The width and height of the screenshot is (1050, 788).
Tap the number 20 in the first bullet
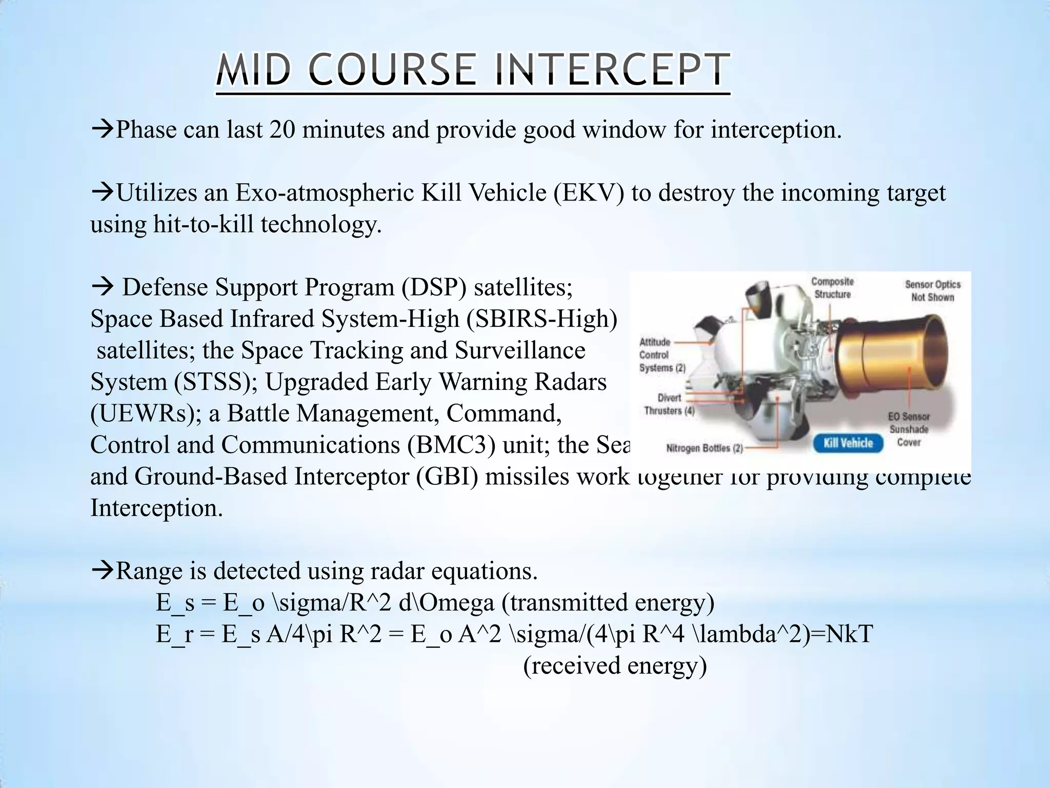tap(281, 130)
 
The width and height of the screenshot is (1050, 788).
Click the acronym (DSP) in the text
tap(433, 287)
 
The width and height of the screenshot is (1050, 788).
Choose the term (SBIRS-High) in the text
tap(541, 319)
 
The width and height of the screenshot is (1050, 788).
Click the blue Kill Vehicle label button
tap(848, 443)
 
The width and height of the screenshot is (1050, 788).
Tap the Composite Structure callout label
tap(832, 288)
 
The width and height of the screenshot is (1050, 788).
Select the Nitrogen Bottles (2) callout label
tap(704, 448)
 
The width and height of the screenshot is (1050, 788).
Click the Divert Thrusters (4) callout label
tap(669, 404)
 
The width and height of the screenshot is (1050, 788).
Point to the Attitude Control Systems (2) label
tap(661, 355)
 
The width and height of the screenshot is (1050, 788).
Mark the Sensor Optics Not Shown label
tap(932, 291)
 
